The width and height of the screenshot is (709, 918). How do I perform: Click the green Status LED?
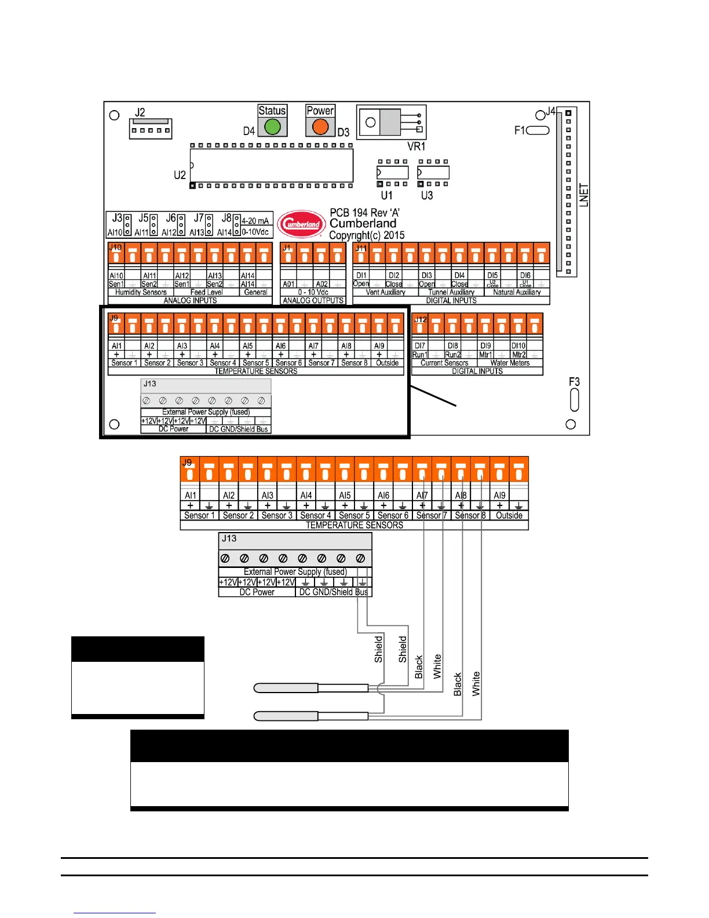coord(272,126)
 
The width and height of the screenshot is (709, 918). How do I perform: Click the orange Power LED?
coord(320,126)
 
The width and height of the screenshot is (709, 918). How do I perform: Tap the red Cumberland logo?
coord(301,224)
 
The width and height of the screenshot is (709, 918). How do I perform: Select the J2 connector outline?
coord(151,129)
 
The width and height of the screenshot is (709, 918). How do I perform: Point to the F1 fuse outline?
coord(538,130)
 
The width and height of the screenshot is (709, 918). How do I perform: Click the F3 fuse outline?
coord(574,399)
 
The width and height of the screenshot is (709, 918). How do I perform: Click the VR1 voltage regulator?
coord(392,122)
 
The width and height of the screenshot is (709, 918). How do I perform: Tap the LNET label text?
coord(584,195)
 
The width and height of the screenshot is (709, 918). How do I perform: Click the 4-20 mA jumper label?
coord(255,221)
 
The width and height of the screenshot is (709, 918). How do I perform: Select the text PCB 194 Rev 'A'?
coord(364,213)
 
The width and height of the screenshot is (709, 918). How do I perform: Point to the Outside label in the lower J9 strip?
coord(509,515)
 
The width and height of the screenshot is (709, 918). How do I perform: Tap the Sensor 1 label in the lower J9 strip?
coord(199,515)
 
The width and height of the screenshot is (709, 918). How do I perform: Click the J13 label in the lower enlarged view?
coord(229,538)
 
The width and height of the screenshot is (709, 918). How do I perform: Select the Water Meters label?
coord(510,363)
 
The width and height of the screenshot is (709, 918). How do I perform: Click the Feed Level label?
coord(206,292)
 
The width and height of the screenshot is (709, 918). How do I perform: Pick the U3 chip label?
coord(427,195)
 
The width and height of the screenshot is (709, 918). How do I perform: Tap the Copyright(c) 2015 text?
coord(367,235)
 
